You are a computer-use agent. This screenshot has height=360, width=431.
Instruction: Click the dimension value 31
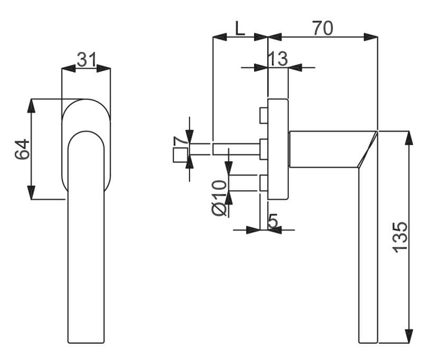[x=86, y=59]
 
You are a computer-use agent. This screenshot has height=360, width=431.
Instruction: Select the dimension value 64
[x=22, y=149]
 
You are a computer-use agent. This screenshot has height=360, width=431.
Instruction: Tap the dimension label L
[x=240, y=28]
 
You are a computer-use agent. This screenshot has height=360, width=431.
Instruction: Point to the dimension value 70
[x=323, y=28]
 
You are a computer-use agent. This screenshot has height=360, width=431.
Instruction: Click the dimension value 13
[x=278, y=58]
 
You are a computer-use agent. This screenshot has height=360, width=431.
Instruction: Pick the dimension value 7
[x=180, y=141]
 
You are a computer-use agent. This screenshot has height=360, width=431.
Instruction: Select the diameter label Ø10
[x=220, y=198]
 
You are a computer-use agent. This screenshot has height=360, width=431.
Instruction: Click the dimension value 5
[x=273, y=221]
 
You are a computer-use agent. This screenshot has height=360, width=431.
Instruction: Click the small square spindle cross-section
[x=181, y=155]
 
